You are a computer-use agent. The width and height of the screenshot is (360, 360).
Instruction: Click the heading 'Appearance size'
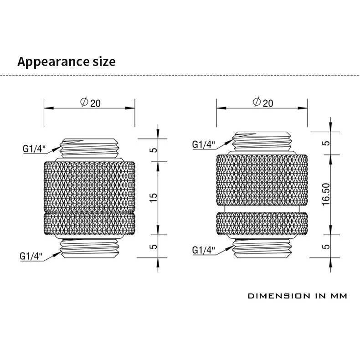pos(67,62)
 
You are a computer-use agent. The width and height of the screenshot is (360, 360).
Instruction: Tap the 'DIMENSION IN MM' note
pos(297,296)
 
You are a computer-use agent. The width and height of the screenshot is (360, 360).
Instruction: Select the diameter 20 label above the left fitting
pos(91,103)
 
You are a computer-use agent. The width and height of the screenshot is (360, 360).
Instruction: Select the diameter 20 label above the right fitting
pos(263,103)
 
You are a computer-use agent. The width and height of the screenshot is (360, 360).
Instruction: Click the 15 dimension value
pos(154,198)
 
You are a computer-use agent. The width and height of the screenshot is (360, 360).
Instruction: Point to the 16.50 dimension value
pos(326,195)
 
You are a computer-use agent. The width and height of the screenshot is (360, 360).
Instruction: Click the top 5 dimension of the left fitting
pos(154,150)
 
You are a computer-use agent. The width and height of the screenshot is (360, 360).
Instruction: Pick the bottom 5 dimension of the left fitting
pos(154,247)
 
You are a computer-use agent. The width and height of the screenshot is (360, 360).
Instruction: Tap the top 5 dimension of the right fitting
pos(326,143)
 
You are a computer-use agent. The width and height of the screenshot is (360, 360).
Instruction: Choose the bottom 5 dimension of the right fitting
pos(326,247)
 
